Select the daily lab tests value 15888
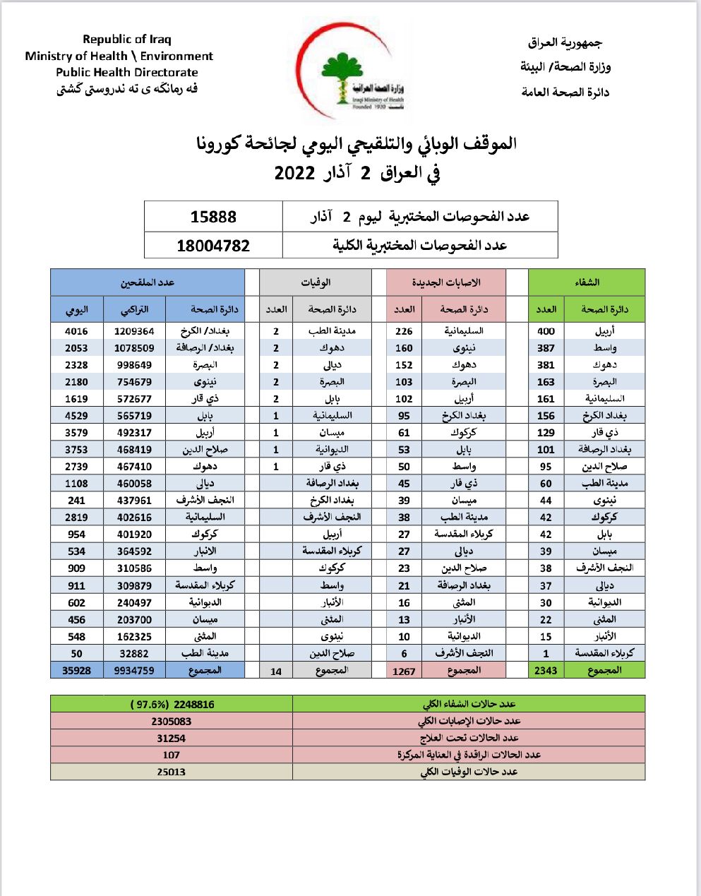[213, 217]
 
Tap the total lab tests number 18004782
[213, 246]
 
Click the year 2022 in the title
[294, 173]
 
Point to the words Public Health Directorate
[127, 72]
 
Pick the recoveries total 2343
[546, 670]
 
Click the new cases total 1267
[404, 671]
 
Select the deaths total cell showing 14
[276, 671]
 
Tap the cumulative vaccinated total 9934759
[134, 670]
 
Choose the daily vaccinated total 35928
[76, 670]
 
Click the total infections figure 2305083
[171, 721]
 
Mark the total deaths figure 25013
[171, 772]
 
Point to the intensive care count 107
[171, 755]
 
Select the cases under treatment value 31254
[171, 738]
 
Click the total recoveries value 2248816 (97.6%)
[172, 704]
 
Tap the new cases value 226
[404, 330]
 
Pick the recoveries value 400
[546, 330]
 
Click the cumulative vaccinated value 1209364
[134, 330]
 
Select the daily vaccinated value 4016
[76, 330]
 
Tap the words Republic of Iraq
[127, 40]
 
